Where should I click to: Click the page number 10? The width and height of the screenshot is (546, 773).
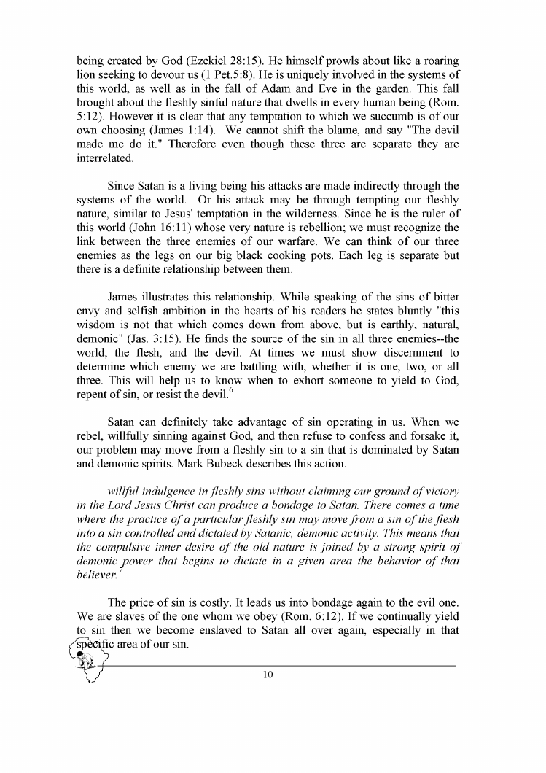tap(267, 675)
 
